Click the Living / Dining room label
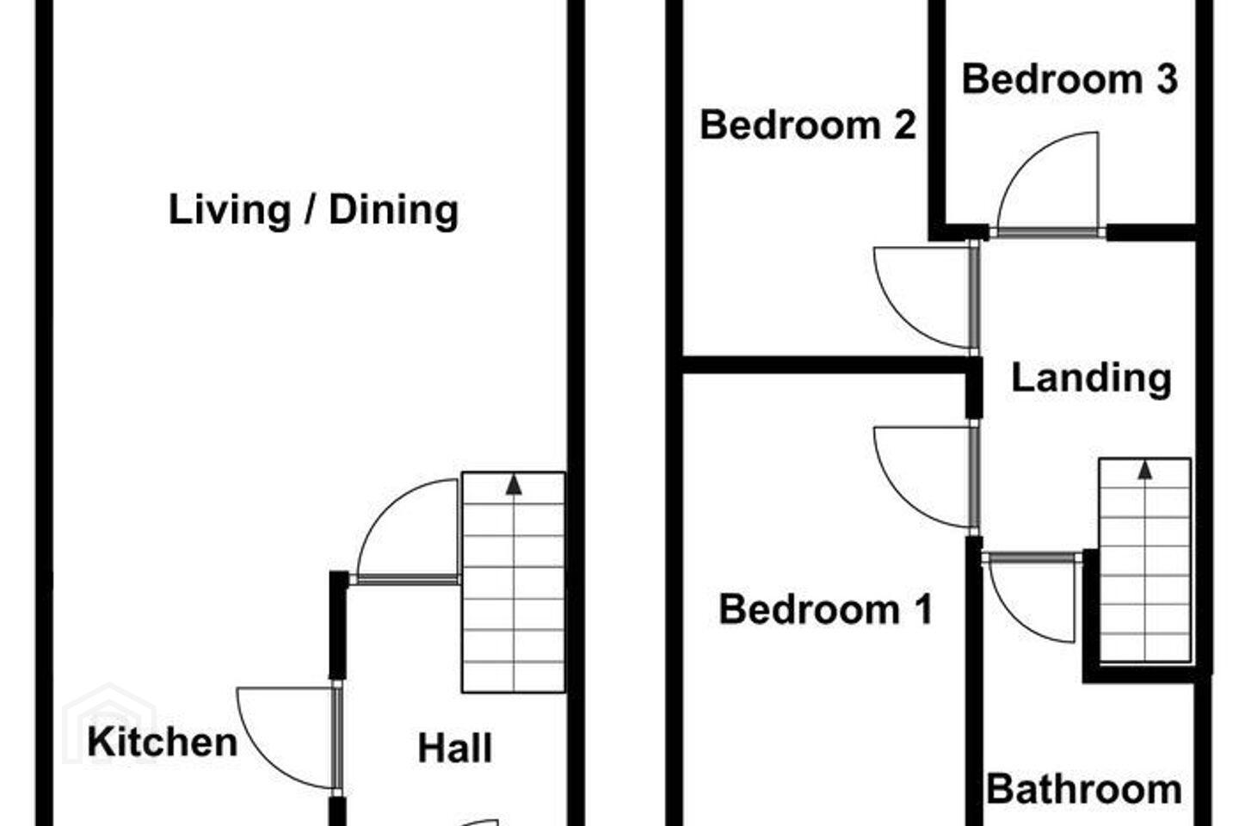tap(313, 210)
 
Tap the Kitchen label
tap(163, 742)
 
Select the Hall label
tap(454, 748)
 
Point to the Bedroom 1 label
tap(825, 609)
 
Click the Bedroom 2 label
tap(808, 125)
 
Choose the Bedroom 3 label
tap(1069, 79)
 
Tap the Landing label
tap(1091, 379)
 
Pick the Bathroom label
tap(1084, 789)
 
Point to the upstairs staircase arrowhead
tap(1145, 471)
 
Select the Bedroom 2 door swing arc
tap(899, 321)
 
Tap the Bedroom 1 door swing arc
tap(899, 501)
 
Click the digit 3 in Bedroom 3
tap(1168, 79)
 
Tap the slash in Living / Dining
tap(310, 210)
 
